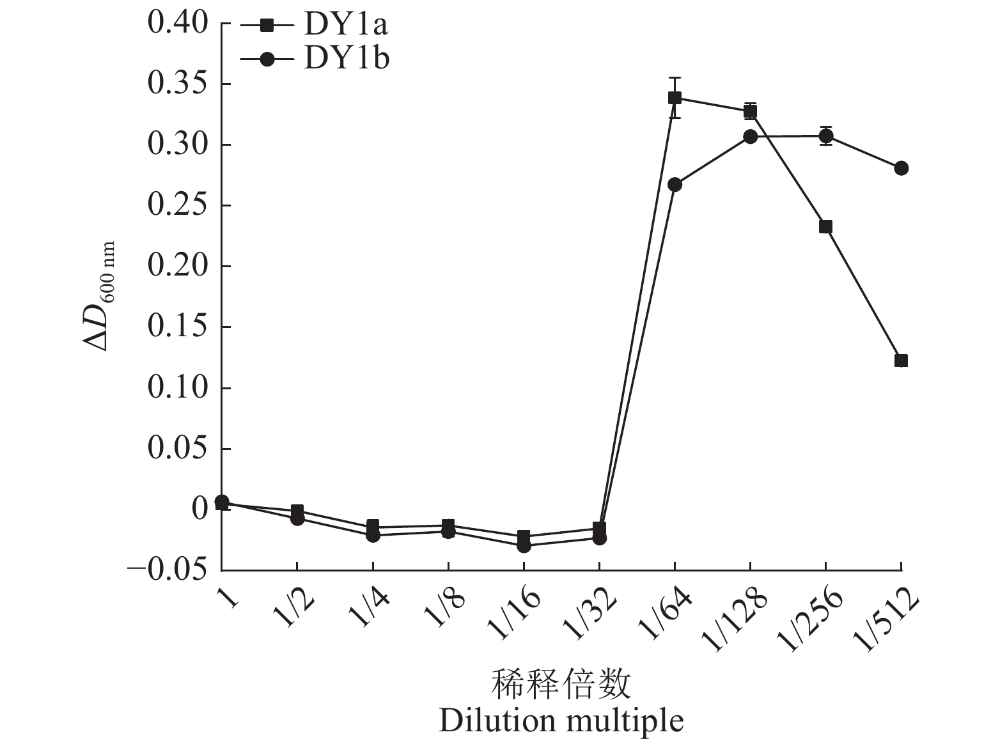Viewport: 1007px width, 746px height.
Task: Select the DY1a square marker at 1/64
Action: click(675, 98)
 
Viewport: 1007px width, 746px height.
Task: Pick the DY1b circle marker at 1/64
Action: click(675, 185)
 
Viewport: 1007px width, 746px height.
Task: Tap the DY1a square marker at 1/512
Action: click(901, 361)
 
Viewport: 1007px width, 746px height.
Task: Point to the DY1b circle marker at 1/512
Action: click(901, 168)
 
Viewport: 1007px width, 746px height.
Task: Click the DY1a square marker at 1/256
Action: click(825, 227)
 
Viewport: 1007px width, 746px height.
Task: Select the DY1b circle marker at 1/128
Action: click(750, 137)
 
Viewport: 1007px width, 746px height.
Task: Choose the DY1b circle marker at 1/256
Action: click(825, 136)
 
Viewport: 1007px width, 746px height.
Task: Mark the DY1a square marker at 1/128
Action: click(750, 112)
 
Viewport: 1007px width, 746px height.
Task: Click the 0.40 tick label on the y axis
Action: click(178, 24)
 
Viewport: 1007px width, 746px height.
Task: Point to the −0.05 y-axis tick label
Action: click(168, 570)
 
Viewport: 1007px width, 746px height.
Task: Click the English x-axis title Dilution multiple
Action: click(561, 721)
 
